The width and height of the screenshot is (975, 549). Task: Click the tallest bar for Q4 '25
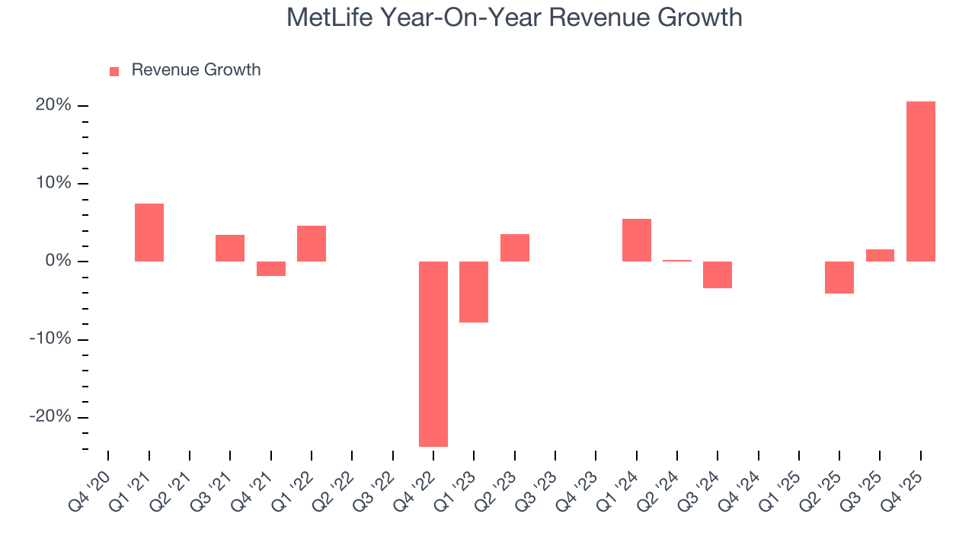(x=920, y=181)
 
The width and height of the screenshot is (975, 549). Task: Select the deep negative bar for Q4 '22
(x=433, y=354)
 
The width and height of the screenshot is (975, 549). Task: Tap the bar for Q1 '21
(x=149, y=233)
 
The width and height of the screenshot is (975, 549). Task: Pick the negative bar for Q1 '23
(x=474, y=292)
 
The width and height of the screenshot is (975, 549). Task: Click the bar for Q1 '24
(x=636, y=240)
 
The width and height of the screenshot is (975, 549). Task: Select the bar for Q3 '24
(x=718, y=274)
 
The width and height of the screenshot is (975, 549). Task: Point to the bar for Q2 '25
(x=839, y=278)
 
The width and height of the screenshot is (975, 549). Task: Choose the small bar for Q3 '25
(x=880, y=255)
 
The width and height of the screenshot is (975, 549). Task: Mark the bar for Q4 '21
(x=271, y=268)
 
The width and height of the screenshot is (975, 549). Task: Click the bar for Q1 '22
(x=312, y=243)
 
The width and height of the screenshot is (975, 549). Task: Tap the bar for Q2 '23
(x=515, y=248)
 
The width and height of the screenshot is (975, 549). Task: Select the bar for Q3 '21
(x=230, y=248)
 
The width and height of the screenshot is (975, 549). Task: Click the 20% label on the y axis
(x=53, y=105)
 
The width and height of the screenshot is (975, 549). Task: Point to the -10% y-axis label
(x=50, y=339)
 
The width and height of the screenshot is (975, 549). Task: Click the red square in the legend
(x=114, y=71)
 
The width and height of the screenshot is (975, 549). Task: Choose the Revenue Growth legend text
(x=196, y=70)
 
